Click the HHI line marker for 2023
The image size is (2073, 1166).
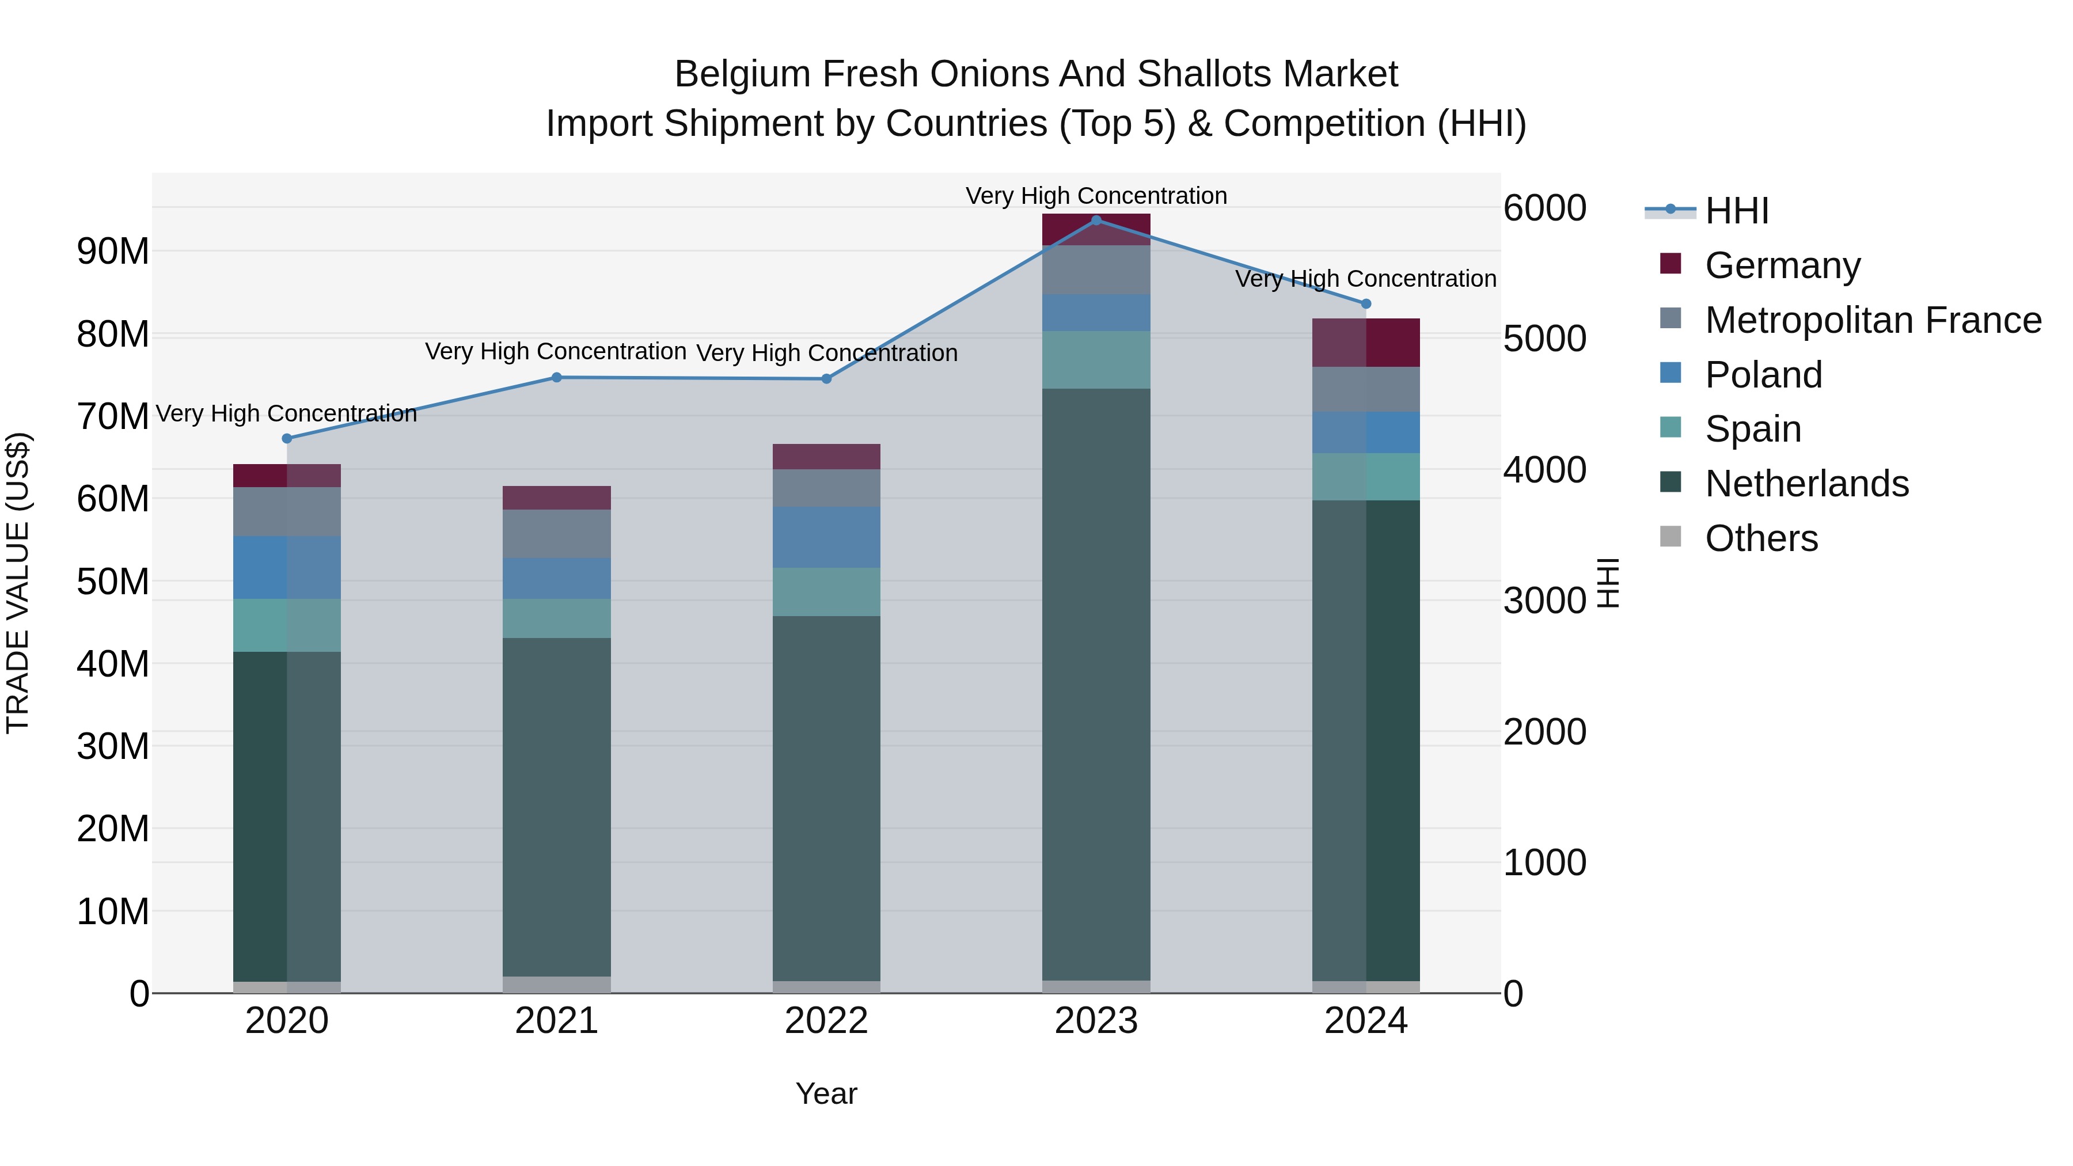click(x=1096, y=220)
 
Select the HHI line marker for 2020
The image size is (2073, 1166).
click(x=287, y=439)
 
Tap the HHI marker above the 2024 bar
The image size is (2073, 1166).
click(x=1366, y=303)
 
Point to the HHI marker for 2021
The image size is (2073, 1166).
click(x=557, y=377)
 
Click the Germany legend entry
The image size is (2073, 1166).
click(x=1782, y=265)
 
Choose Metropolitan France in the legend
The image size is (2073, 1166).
click(x=1873, y=320)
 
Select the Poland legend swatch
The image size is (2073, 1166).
click(x=1670, y=373)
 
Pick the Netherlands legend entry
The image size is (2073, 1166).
click(x=1806, y=484)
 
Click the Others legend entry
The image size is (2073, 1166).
click(x=1761, y=538)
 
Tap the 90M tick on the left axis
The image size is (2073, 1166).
click(x=113, y=252)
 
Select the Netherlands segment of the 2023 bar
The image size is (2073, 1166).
click(x=1096, y=684)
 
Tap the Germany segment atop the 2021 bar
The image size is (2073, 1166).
click(x=557, y=497)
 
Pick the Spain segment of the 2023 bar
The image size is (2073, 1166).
click(x=1096, y=360)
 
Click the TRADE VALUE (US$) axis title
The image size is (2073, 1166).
click(x=18, y=583)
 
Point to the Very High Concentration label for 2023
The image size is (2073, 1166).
click(x=1096, y=196)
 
